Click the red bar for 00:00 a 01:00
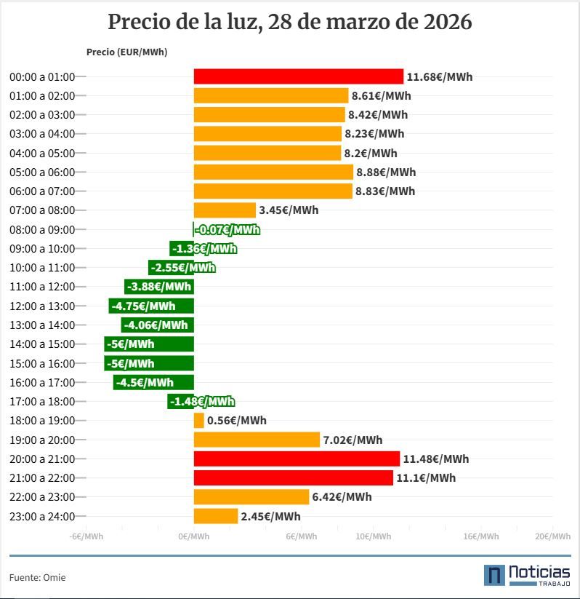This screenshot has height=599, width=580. pos(298,76)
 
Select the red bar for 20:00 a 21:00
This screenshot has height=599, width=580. pos(297,459)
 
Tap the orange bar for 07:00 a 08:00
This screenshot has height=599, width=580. pos(225,210)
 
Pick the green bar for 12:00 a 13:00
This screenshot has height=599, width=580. pos(151,306)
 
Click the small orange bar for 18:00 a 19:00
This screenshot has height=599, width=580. pos(198,421)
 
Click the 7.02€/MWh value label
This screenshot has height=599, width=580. pos(353,440)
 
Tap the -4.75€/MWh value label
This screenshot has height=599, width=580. pos(144,306)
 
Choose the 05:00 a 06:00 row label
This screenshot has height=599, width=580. pos(42,172)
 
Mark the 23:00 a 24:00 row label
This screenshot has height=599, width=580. pos(42,517)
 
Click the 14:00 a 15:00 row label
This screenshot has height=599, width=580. pos(42,344)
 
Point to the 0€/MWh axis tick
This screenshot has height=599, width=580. pos(194,536)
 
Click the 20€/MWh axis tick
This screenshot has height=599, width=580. pos(552,536)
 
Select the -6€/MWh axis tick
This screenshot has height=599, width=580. pos(86,536)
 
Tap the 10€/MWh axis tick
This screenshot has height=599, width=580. pos(373,536)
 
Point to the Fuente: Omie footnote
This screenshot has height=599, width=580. pos(38,577)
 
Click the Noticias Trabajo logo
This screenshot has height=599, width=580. pos(527,574)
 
